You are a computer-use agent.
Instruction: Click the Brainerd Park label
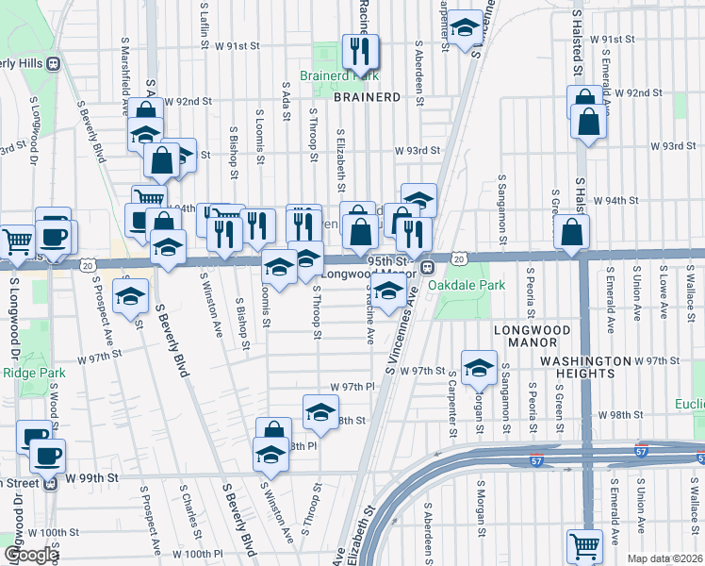tap(338, 75)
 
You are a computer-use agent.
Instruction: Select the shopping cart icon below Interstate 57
tap(584, 545)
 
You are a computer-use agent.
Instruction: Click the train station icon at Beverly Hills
tap(54, 63)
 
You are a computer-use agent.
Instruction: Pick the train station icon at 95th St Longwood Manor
tap(426, 267)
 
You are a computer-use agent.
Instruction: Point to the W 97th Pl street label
tap(352, 388)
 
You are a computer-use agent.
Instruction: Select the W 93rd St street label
tap(418, 151)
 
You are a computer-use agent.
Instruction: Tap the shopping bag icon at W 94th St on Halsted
tap(572, 232)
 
